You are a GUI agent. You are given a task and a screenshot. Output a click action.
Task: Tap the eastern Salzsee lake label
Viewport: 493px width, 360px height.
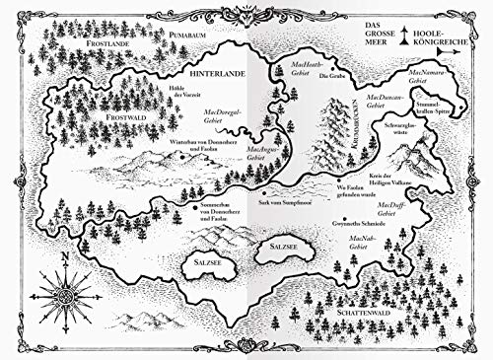(x=279, y=241)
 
